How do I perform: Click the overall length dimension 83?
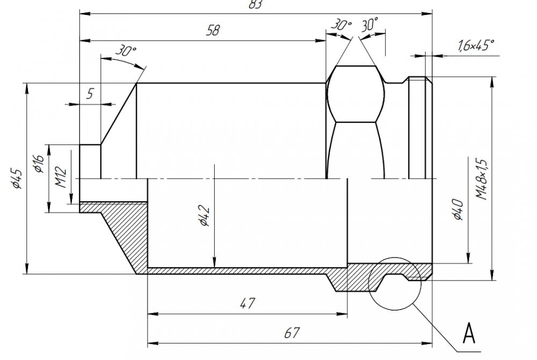[x=256, y=4]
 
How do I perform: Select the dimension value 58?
[x=213, y=31]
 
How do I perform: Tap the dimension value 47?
[x=247, y=303]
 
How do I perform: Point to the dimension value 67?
[x=292, y=333]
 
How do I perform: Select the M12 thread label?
[x=61, y=177]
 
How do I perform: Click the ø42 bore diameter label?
[x=205, y=216]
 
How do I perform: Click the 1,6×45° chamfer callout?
[x=476, y=45]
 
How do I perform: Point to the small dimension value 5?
[x=90, y=93]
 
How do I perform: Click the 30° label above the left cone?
[x=125, y=50]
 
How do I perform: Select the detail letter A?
[x=469, y=333]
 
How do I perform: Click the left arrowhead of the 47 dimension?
[x=153, y=314]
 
